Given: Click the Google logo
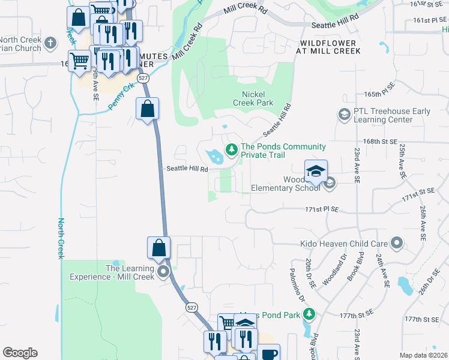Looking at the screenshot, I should (x=20, y=353).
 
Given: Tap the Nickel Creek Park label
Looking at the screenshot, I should (x=257, y=98).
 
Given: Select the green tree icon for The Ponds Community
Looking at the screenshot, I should (x=230, y=149).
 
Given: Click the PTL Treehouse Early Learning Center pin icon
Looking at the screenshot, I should (x=344, y=114).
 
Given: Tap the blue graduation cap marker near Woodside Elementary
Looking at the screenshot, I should (x=316, y=172).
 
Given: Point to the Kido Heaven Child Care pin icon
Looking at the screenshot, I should (x=396, y=244).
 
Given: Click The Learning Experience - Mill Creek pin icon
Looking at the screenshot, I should (x=164, y=272).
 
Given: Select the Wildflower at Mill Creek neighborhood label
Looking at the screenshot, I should (x=328, y=47).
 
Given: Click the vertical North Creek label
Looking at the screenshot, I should (x=61, y=238).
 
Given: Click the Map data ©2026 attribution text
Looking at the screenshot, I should (x=423, y=355).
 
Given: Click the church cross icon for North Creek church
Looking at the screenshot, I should (x=50, y=43).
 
